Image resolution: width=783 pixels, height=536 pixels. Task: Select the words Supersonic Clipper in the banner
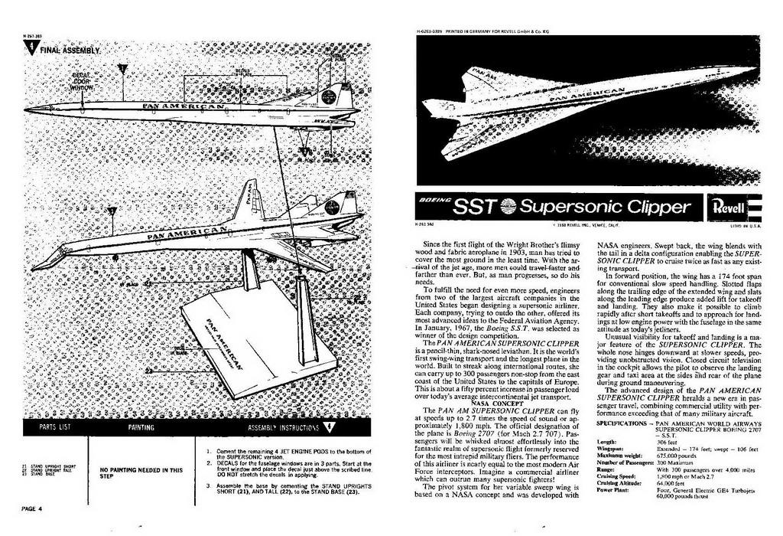[603, 207]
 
